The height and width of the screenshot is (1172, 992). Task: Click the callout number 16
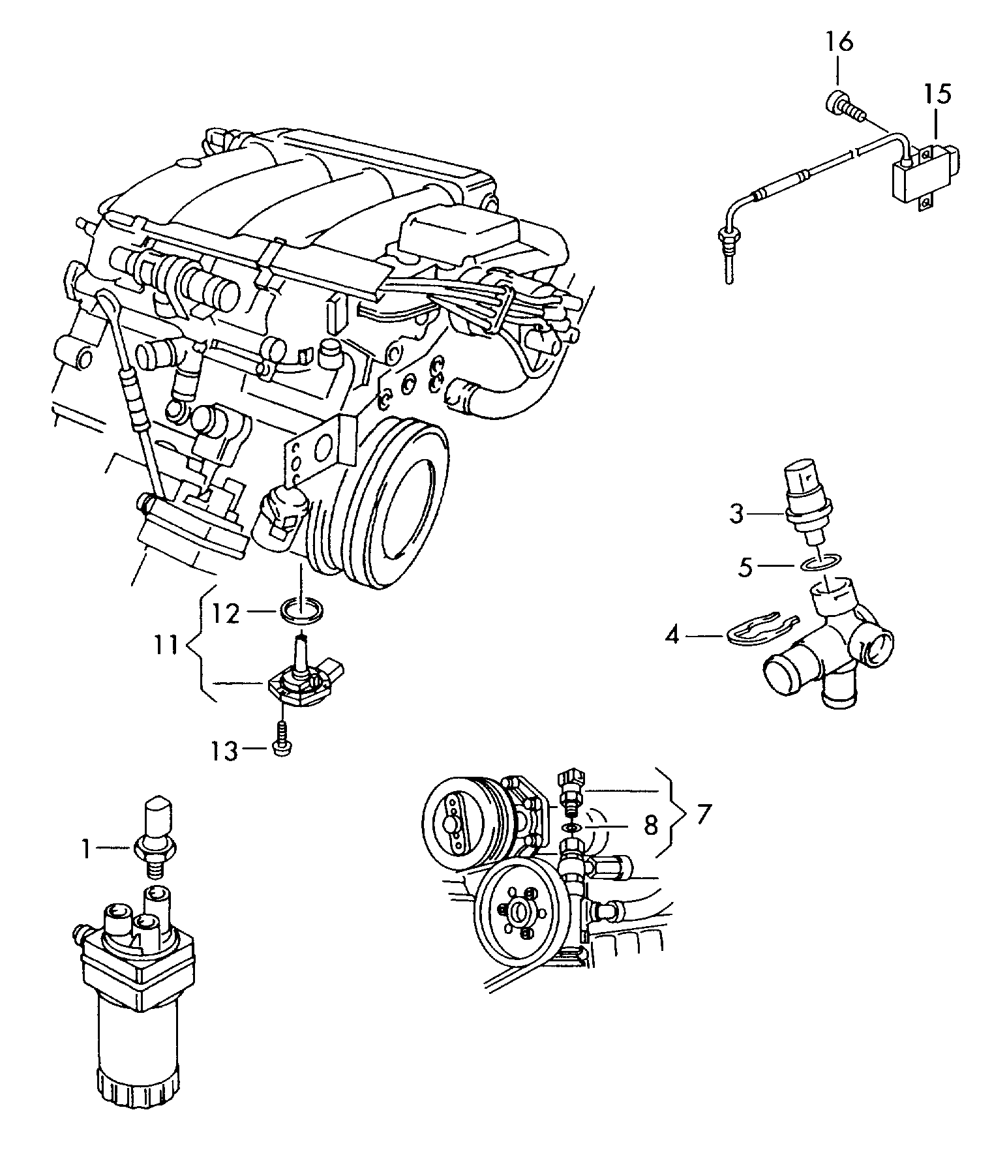pyautogui.click(x=839, y=42)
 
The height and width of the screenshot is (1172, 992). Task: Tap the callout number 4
pyautogui.click(x=672, y=634)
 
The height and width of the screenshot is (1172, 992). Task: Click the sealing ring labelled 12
pyautogui.click(x=302, y=610)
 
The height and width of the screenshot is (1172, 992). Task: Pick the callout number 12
pyautogui.click(x=226, y=612)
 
